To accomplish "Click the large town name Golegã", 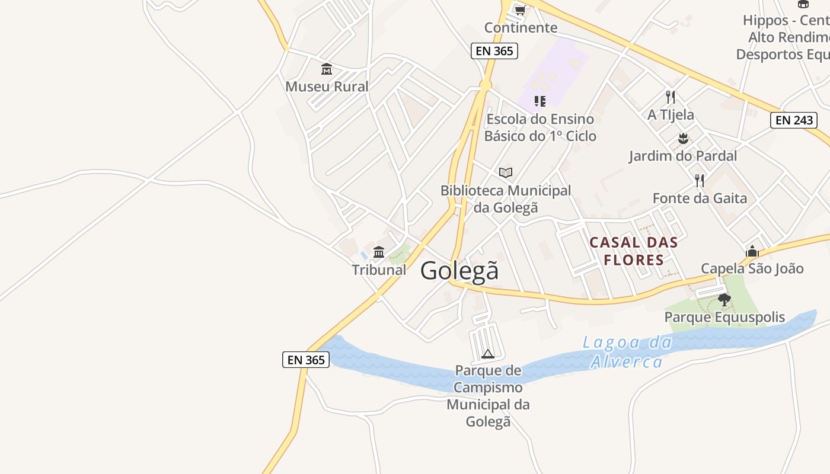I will click(459, 271).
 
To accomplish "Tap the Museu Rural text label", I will click(327, 87).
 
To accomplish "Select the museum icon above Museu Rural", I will click(327, 69).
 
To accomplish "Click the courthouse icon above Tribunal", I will click(379, 252).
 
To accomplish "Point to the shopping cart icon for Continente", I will click(521, 10).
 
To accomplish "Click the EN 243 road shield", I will click(794, 120).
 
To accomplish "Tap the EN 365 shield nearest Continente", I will click(494, 51).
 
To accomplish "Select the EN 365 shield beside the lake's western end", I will click(306, 360).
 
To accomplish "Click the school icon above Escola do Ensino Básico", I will click(539, 101).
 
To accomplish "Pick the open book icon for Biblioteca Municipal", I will click(505, 172).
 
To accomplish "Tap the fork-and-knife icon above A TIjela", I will click(671, 97).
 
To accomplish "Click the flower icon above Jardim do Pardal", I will click(683, 139).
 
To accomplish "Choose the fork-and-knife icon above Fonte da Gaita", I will click(700, 180).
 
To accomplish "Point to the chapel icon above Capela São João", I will click(752, 251).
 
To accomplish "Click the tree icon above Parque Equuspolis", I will click(724, 299).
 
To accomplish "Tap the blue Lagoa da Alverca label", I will click(627, 352).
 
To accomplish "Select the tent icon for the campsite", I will click(488, 354).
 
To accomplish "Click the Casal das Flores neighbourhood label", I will click(633, 251).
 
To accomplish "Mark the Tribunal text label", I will click(379, 270).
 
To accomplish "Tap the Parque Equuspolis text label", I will click(724, 317).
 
